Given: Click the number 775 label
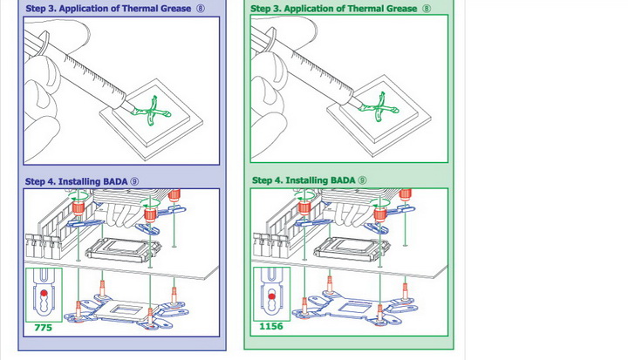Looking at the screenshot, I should click(43, 328).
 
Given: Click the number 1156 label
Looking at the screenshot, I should click(271, 328).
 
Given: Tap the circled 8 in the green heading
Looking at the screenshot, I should click(427, 9).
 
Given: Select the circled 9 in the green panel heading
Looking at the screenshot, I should click(362, 180).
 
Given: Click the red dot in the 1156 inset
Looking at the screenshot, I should click(271, 296).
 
